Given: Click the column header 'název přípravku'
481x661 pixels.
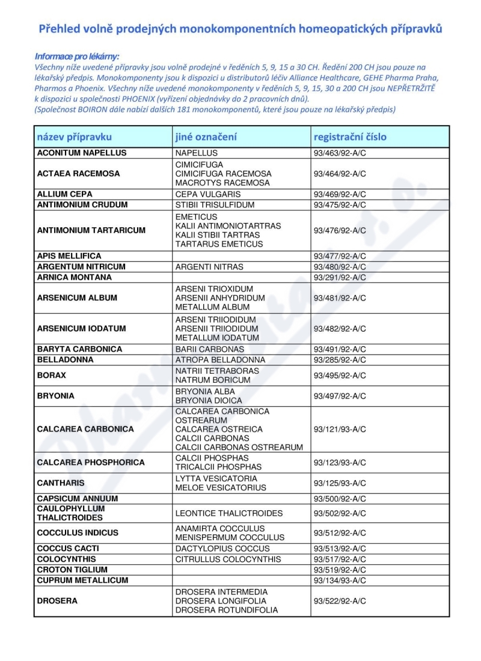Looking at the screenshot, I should point(75,136).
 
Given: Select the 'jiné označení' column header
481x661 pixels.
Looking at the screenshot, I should point(206,136).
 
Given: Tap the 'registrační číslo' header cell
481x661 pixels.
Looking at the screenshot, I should point(350,136).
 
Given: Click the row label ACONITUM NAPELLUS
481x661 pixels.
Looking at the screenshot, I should point(82,153).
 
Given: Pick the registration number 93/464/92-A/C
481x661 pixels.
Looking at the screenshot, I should point(340,174).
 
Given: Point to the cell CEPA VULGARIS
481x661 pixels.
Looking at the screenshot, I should point(207,194).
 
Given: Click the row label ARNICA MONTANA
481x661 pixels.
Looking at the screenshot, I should point(75,277).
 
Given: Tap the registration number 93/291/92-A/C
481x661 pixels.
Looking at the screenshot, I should point(340,277).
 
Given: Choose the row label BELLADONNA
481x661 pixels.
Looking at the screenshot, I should point(66,360).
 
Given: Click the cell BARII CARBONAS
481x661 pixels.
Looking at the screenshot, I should point(209,349).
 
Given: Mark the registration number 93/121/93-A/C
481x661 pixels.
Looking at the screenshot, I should point(340,429).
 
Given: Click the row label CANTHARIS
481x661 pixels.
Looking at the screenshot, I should point(61,483).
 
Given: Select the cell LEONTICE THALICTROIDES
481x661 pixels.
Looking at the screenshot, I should point(228,513).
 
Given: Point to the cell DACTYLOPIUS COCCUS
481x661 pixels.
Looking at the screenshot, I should point(222,549).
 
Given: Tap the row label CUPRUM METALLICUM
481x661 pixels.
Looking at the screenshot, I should point(82,580).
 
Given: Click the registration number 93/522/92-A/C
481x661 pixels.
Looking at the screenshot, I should point(340,601).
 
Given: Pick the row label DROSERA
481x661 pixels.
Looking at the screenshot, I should point(57,601).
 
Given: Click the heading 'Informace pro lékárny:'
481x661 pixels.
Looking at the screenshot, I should point(77,55).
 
